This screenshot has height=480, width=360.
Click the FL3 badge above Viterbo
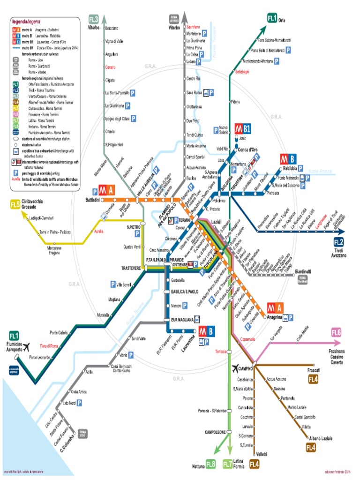(94, 19)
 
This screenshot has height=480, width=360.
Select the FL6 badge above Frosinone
(337, 333)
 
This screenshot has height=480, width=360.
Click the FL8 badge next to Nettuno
(210, 465)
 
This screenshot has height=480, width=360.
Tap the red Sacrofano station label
(194, 27)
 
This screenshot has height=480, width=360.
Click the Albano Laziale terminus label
(320, 438)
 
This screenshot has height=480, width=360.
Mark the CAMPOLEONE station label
(215, 432)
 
